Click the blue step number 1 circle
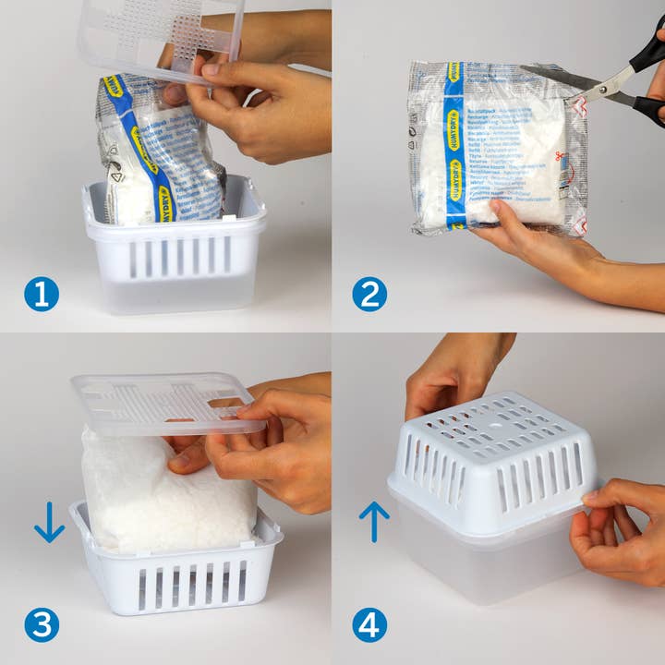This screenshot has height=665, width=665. (x=42, y=295)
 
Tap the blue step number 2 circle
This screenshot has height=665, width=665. (x=369, y=295)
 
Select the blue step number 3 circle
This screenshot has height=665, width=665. (x=42, y=625)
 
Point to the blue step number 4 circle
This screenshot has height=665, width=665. (x=369, y=625)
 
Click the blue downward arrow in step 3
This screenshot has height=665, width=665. (x=49, y=522)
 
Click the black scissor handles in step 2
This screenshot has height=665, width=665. (x=647, y=83)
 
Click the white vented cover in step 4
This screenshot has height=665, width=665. (x=494, y=462)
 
